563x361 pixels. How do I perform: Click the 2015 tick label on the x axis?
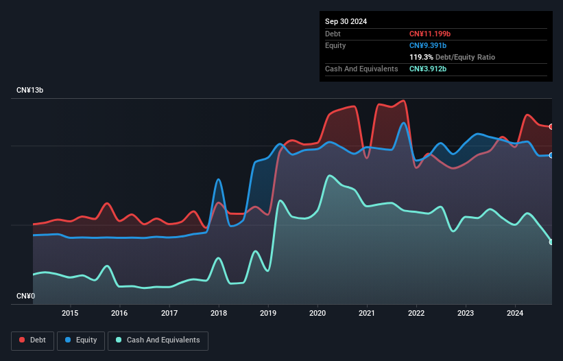click(x=70, y=314)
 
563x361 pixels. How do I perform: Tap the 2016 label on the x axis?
click(x=119, y=314)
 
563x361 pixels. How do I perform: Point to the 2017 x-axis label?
click(x=169, y=314)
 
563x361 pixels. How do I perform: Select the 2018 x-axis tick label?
click(x=219, y=314)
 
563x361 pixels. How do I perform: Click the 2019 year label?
click(x=268, y=314)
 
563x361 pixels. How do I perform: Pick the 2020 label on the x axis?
click(x=318, y=314)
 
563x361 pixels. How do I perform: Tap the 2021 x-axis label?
click(x=367, y=314)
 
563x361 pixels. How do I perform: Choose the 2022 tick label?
click(x=416, y=314)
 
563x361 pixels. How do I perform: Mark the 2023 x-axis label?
click(x=466, y=314)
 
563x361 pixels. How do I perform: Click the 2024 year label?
click(x=515, y=314)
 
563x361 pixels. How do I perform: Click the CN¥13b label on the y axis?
click(x=30, y=91)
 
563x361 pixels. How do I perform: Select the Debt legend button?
click(x=32, y=340)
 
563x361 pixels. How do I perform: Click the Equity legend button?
click(x=81, y=340)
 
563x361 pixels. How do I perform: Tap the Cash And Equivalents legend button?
click(x=158, y=340)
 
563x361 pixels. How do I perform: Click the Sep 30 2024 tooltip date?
click(x=346, y=21)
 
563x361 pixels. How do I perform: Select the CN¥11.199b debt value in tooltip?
click(x=430, y=34)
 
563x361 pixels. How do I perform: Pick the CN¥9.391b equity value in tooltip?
click(x=428, y=45)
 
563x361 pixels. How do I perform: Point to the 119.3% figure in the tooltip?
click(x=421, y=57)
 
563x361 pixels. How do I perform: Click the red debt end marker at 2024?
click(x=551, y=126)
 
